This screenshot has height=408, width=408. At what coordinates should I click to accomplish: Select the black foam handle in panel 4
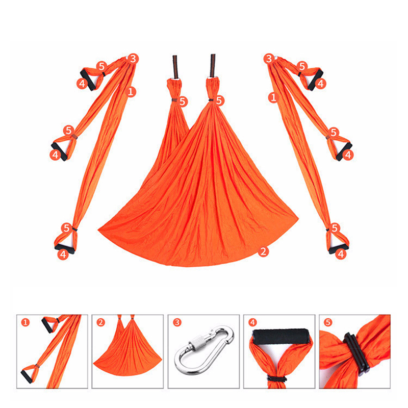pos(280,337)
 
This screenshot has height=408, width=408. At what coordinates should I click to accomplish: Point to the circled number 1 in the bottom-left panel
pos(25,323)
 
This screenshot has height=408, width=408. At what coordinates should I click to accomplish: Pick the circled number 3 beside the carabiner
pos(177,323)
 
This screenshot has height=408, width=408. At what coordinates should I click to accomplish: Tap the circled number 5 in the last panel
pos(328,323)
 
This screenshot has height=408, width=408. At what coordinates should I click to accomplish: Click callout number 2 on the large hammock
pos(263,251)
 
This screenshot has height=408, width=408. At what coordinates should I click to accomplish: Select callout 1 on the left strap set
pos(131,92)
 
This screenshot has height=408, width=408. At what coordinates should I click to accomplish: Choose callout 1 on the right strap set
pos(273,97)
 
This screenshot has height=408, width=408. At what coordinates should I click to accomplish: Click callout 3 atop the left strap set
pos(133,59)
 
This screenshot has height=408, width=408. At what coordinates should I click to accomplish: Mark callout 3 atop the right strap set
pos(269,59)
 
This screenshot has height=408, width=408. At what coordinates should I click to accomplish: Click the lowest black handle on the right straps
pos(338,248)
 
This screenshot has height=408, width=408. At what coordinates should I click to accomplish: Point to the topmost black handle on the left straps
pos(88,80)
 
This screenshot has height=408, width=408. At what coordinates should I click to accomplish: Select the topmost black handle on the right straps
pos(316,80)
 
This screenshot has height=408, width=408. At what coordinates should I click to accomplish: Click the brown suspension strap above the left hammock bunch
pos(175,67)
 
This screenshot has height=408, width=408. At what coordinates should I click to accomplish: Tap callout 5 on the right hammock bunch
pos(219,100)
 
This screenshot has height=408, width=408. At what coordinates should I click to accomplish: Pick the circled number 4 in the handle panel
pos(252,323)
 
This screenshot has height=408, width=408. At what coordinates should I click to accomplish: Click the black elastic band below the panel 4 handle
pos(277,378)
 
